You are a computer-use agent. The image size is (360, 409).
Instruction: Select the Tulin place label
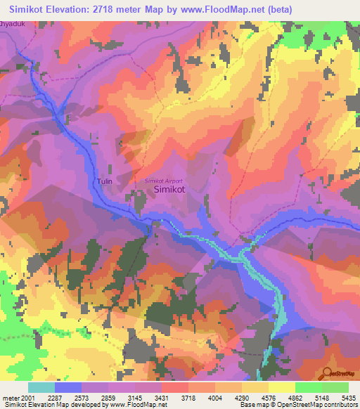(105, 181)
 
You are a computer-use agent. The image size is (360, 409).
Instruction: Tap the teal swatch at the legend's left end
(41, 388)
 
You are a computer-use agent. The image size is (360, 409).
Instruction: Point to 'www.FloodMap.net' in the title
(220, 8)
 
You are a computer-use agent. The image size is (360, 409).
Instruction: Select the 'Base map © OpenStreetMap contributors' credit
(298, 405)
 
